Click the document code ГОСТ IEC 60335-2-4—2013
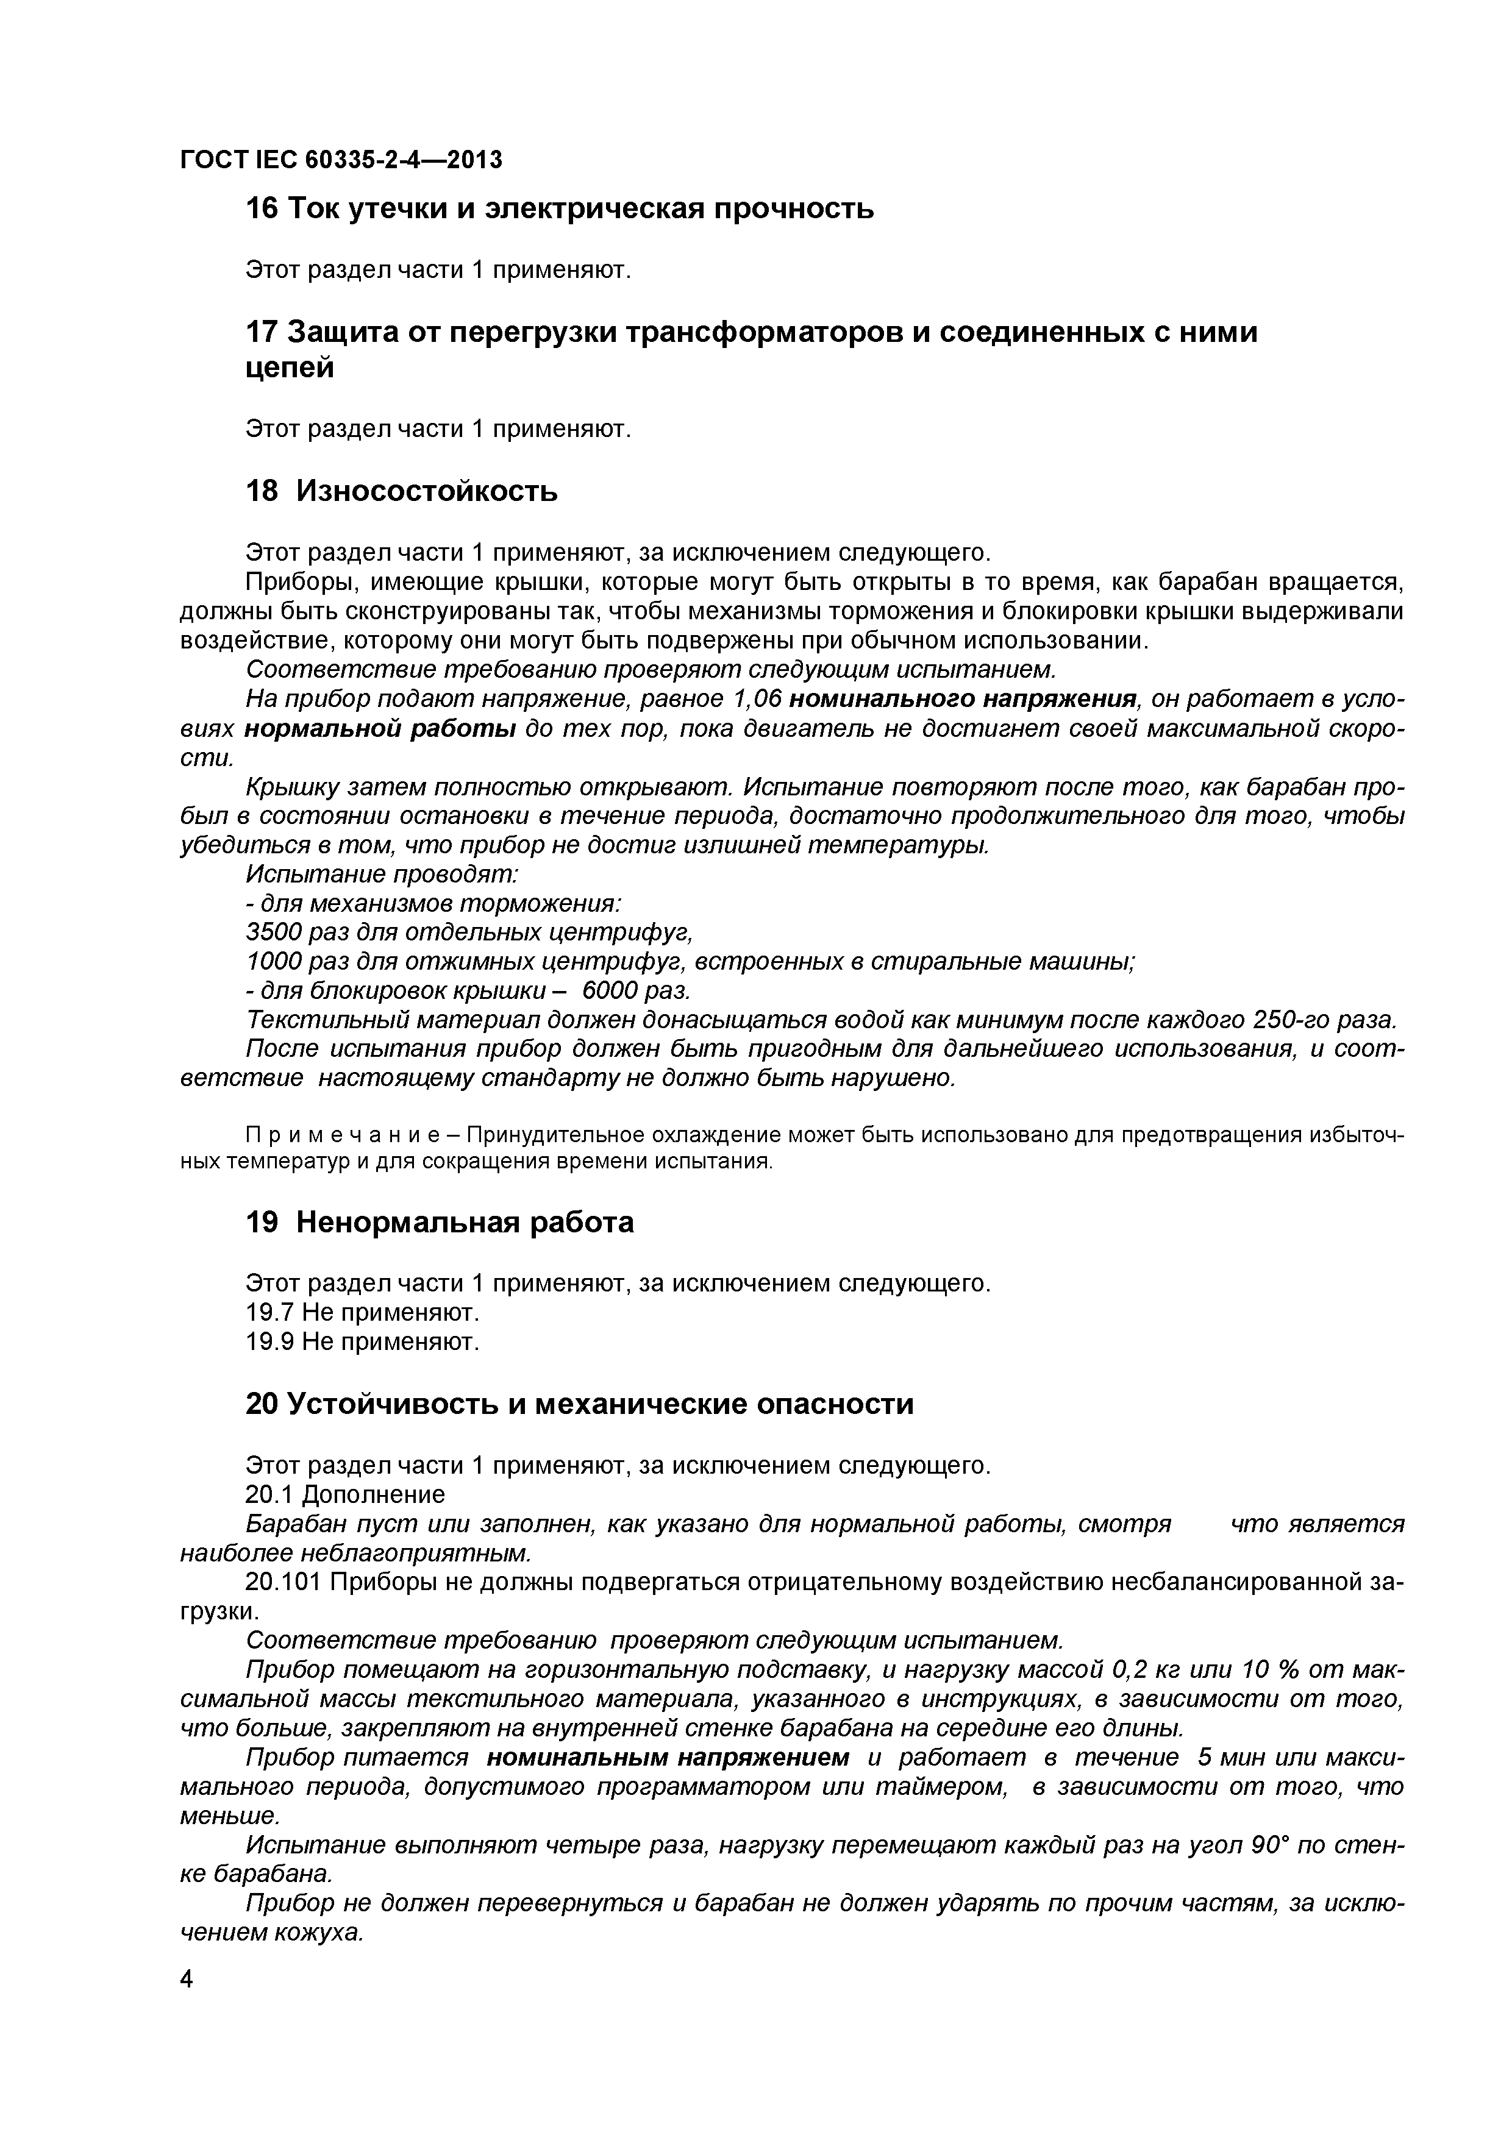(341, 160)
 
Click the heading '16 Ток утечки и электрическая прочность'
(559, 208)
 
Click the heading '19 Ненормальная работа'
(439, 1222)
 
